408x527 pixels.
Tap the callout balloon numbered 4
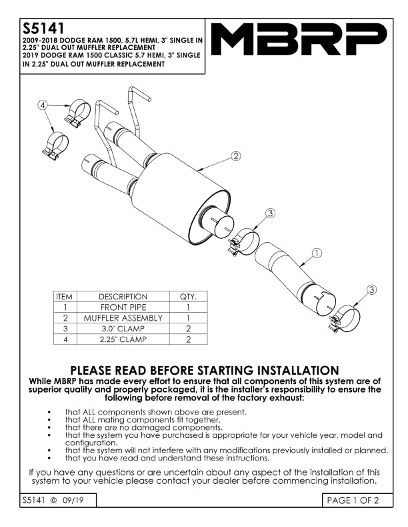coord(42,105)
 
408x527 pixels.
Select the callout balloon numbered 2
coord(235,156)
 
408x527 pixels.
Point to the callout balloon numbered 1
coord(317,253)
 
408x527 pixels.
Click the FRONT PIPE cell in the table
coord(123,307)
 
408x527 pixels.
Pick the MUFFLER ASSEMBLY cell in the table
coord(123,318)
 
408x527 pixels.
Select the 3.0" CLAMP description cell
coord(123,329)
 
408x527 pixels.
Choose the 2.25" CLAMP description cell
coord(123,339)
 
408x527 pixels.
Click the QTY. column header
coord(189,297)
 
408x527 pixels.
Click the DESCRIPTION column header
coord(123,297)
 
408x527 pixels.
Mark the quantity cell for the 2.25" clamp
coord(189,339)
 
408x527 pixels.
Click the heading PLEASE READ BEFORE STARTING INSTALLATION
coord(204,370)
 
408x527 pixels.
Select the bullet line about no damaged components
coord(143,428)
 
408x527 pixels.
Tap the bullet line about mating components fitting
coord(142,420)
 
